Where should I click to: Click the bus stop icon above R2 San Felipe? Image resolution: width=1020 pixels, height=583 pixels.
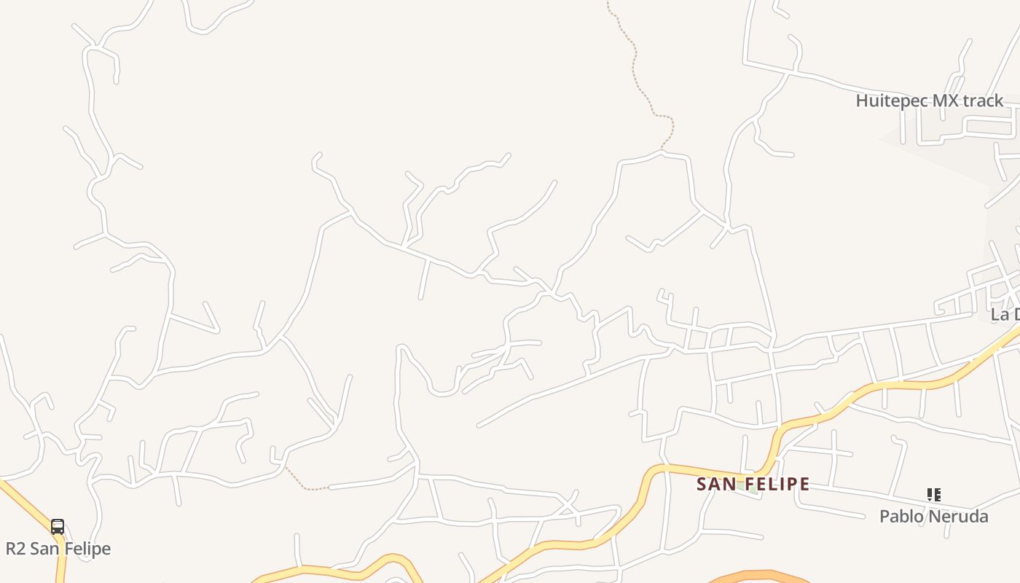58,526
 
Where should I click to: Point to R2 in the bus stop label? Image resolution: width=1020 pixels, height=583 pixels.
15,549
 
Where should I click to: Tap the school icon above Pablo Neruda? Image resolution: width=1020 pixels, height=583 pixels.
933,496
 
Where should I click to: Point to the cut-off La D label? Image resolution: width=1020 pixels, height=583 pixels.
1005,315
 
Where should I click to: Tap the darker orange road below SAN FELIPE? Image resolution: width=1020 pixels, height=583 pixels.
758,575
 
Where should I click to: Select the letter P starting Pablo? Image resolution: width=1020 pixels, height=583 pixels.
884,517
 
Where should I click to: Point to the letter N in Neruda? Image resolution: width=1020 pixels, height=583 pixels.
934,517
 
